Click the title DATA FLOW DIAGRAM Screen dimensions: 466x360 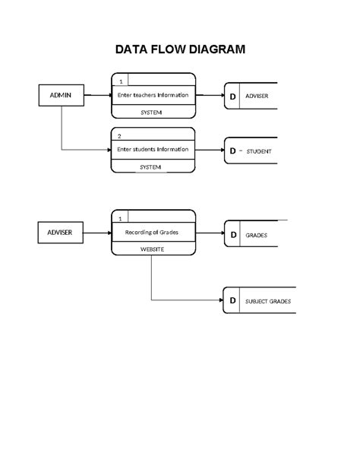(180, 50)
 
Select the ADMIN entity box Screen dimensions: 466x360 (61, 96)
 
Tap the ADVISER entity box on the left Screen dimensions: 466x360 (61, 233)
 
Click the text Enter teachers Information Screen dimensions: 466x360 (153, 96)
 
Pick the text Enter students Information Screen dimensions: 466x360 (153, 149)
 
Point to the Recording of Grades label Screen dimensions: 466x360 (152, 233)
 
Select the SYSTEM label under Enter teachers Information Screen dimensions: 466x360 (151, 113)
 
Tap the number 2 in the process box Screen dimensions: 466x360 (120, 136)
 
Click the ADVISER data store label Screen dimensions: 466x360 (257, 97)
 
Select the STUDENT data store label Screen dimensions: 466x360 (259, 152)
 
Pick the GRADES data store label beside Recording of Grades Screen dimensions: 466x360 (256, 235)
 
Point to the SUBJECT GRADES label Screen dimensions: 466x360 (267, 302)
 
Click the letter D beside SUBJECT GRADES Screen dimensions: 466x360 (233, 301)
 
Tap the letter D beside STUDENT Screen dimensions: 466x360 (233, 151)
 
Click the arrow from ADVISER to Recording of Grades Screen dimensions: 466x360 (97, 233)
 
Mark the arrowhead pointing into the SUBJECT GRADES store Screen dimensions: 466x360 (219, 301)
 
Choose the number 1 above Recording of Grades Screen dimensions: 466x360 (120, 219)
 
